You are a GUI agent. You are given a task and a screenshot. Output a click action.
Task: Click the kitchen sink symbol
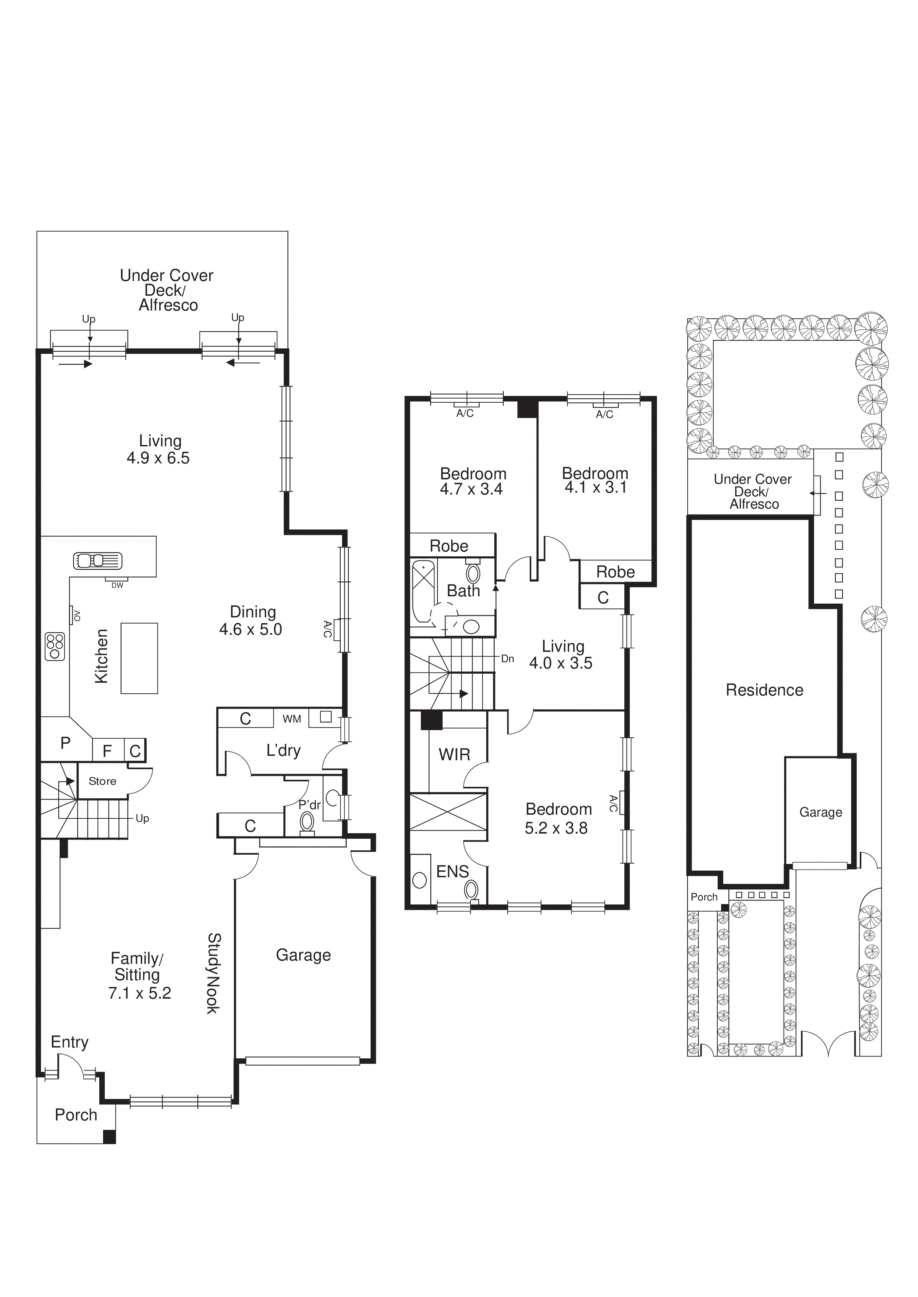97,560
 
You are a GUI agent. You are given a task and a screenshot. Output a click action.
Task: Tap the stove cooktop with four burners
55,647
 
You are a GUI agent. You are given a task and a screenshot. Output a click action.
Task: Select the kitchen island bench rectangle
139,658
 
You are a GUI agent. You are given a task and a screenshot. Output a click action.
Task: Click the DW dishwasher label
117,585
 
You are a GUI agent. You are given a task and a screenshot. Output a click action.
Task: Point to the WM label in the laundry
292,719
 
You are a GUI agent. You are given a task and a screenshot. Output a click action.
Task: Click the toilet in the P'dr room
307,820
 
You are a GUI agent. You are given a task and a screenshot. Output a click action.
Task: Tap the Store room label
102,781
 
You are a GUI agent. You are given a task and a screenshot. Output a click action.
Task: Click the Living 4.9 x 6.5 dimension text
158,458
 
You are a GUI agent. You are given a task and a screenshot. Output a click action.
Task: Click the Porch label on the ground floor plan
76,1115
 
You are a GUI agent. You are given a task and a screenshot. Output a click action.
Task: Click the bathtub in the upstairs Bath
422,591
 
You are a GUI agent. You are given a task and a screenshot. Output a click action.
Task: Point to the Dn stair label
508,658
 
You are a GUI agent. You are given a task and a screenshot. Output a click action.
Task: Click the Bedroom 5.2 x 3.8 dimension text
556,828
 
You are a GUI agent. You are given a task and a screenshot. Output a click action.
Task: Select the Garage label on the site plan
820,812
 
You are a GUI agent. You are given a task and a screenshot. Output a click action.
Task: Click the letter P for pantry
66,743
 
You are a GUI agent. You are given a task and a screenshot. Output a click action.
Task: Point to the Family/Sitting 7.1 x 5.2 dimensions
140,993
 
